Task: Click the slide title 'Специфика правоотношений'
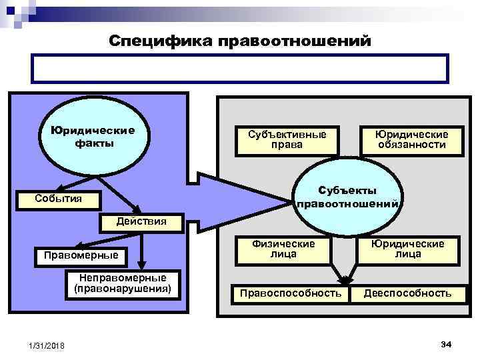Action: [x=239, y=41]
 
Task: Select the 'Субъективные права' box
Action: [x=283, y=139]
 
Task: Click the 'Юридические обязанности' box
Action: [x=411, y=139]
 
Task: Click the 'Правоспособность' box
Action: [x=291, y=293]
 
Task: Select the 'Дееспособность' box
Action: [x=407, y=293]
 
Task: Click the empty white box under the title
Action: [x=240, y=69]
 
